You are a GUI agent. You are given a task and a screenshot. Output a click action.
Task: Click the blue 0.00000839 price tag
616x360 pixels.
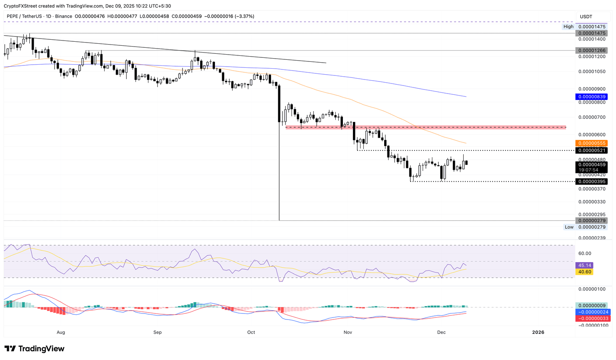pos(591,97)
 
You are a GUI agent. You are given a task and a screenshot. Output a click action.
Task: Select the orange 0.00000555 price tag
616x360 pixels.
pos(591,143)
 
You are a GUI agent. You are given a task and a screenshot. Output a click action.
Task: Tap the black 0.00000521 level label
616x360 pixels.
pos(591,151)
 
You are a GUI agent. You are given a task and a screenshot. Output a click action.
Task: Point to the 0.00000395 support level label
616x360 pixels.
pos(591,182)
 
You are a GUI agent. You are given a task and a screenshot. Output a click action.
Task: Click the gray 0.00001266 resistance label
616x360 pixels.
pos(591,51)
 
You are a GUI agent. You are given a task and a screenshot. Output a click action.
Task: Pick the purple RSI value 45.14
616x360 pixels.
pos(584,265)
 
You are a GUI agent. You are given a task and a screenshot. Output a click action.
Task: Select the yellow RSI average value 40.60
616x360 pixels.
pos(584,272)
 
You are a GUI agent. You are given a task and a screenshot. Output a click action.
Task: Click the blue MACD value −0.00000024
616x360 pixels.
pos(591,312)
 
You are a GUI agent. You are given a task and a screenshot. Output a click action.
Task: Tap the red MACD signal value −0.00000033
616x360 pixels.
pos(591,319)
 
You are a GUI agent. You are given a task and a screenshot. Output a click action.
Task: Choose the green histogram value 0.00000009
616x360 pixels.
pos(591,306)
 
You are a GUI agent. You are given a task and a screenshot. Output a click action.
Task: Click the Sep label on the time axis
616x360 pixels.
pos(158,332)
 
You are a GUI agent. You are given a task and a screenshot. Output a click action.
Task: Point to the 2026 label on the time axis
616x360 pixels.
pos(538,332)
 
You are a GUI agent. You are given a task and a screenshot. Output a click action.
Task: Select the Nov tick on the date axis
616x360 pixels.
pos(348,332)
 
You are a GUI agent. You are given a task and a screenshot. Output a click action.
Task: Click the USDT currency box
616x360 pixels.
pos(586,16)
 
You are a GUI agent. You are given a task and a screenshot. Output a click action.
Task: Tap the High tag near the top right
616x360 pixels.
pos(568,26)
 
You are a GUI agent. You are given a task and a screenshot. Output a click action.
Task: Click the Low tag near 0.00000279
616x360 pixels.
pos(569,227)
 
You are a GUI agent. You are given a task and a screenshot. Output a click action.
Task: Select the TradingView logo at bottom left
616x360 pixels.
pos(34,349)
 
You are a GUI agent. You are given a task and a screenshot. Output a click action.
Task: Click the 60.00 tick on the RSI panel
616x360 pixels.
pos(585,253)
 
